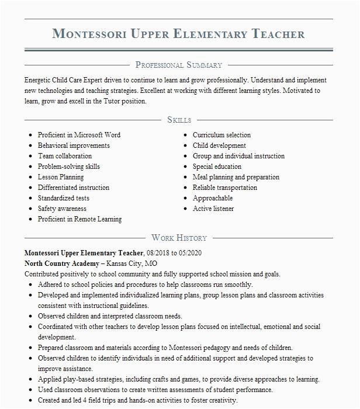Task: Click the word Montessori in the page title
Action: (x=89, y=33)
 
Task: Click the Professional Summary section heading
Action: (x=178, y=65)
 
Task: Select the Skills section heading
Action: (x=179, y=120)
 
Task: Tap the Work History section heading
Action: (x=179, y=238)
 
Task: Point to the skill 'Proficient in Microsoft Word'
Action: (x=79, y=135)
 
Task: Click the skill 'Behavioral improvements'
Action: (x=74, y=145)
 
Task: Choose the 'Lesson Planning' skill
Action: (x=61, y=177)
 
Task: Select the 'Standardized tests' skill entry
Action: (x=64, y=198)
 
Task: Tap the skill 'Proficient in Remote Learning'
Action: (x=79, y=219)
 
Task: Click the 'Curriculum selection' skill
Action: (x=221, y=135)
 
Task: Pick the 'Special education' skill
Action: (x=217, y=167)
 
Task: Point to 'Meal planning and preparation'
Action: (x=236, y=177)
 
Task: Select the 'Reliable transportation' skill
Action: (x=225, y=188)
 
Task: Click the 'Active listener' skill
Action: (x=213, y=209)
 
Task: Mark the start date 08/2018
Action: (x=161, y=253)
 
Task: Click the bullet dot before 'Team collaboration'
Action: (x=30, y=157)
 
